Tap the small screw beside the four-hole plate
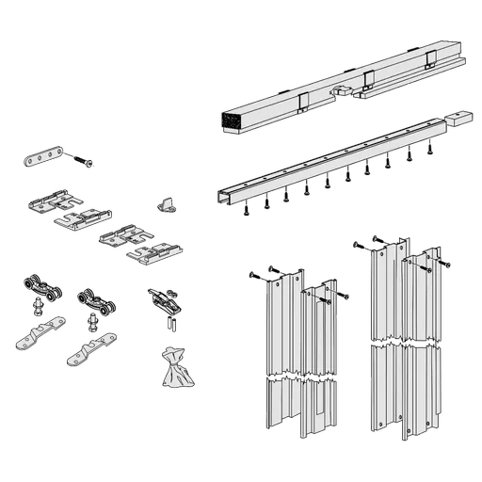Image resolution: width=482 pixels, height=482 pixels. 88,164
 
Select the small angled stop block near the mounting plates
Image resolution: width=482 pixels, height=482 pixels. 167,202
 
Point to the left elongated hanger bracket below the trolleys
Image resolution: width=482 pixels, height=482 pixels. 40,334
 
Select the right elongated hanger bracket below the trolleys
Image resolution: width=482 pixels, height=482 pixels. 93,351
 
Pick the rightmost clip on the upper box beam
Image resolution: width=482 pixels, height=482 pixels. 430,60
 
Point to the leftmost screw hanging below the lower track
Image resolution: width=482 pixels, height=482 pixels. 247,215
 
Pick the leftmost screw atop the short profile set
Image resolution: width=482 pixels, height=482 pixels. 257,276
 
